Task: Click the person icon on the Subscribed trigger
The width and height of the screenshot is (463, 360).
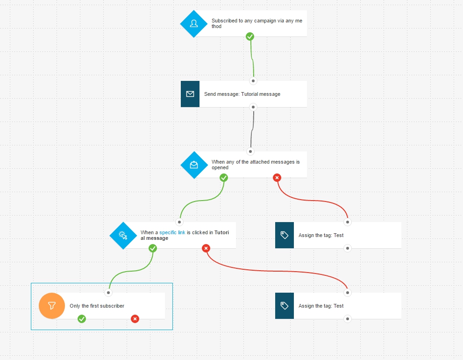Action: pos(194,24)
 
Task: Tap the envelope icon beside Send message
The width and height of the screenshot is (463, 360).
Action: pos(190,94)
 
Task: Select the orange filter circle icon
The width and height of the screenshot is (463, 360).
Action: pos(52,306)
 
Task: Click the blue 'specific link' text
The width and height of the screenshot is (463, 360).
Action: pos(172,233)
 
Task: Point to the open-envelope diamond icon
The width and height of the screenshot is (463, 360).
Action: pos(194,165)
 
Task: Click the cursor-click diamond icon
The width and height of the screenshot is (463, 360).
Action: pos(123,236)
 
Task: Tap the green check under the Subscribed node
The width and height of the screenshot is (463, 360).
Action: pos(250,36)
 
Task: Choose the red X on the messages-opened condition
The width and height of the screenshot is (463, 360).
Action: pos(277,178)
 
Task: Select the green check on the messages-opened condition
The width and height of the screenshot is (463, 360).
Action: pos(223,178)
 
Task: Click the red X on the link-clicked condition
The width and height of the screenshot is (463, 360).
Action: pos(206,248)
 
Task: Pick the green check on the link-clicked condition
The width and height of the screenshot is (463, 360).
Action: pos(153,248)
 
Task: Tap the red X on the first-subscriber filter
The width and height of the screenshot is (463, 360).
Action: pos(135,319)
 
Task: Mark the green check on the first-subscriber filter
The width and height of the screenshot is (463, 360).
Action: pos(82,319)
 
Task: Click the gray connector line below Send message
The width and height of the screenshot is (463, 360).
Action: pos(252,129)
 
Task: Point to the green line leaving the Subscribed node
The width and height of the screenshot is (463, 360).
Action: pos(252,58)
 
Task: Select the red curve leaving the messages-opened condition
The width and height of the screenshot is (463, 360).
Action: pos(312,201)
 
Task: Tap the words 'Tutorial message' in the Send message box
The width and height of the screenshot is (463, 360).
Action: pos(261,94)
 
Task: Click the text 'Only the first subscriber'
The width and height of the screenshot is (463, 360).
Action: pos(97,306)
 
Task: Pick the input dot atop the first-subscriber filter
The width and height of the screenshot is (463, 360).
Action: pos(108,293)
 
